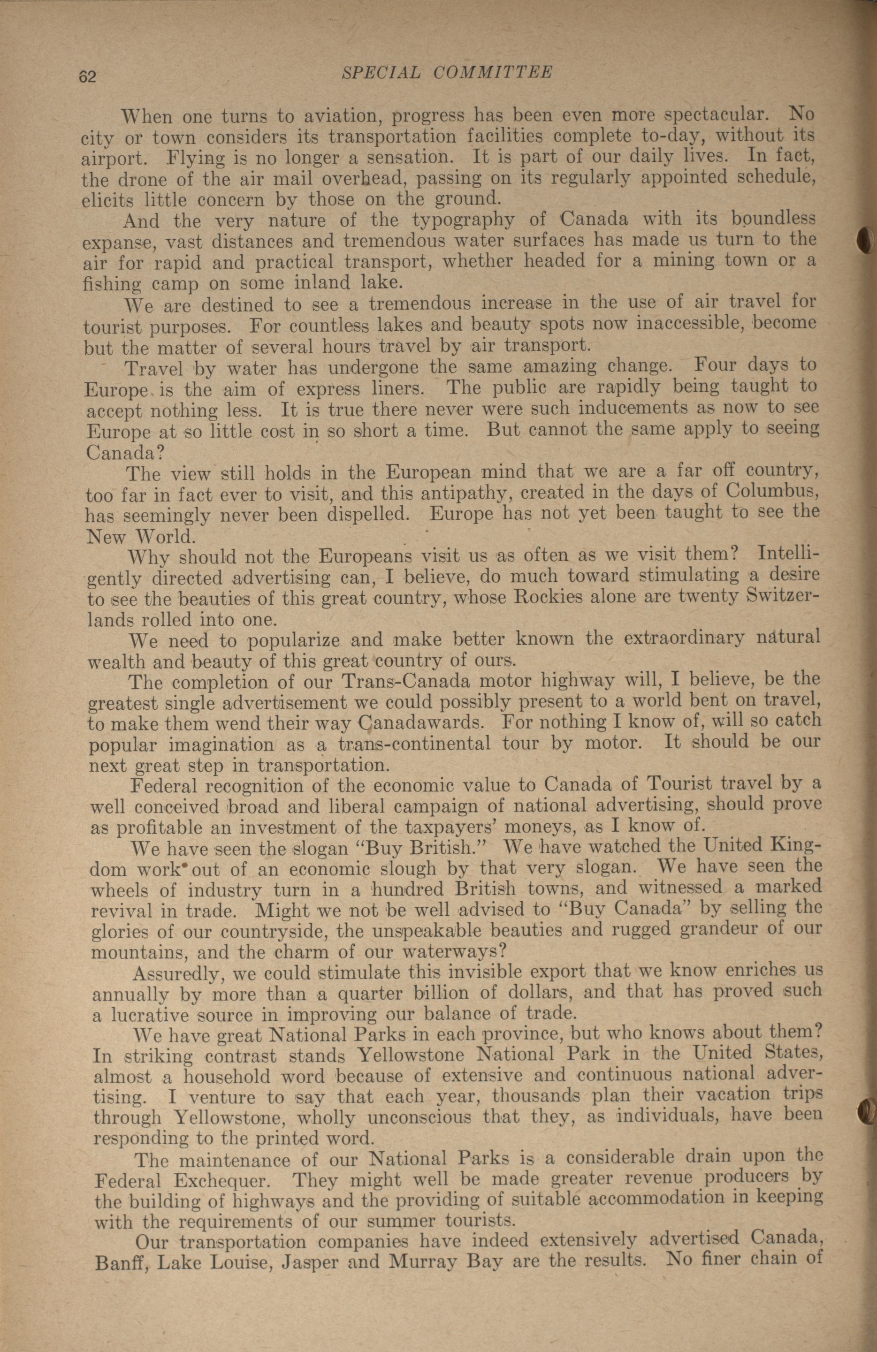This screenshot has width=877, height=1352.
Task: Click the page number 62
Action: [x=88, y=76]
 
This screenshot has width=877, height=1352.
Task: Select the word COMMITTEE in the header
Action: [x=493, y=72]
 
